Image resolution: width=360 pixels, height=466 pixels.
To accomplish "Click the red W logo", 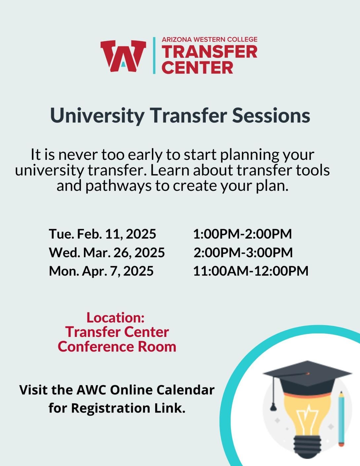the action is [123, 56].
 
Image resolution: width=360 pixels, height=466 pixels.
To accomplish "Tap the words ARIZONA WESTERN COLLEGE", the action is [209, 39].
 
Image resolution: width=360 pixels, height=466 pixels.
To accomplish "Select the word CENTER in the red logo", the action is [198, 67].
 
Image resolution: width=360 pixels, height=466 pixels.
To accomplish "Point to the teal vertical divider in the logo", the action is [154, 55].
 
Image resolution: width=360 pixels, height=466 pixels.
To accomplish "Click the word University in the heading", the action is [97, 116].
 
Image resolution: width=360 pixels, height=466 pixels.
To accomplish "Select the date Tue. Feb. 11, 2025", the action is [102, 234].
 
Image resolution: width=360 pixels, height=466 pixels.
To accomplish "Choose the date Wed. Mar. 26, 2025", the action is [107, 252].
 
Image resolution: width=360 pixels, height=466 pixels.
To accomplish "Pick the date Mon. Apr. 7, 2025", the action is [101, 271].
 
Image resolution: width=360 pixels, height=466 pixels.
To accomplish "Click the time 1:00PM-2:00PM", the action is [242, 234].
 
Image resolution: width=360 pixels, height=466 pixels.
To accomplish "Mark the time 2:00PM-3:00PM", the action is [243, 252].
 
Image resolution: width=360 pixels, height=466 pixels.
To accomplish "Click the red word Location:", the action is [115, 318].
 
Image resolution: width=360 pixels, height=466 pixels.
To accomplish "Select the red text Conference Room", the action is [117, 346].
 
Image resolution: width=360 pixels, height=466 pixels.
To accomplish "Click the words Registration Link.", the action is [128, 408].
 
